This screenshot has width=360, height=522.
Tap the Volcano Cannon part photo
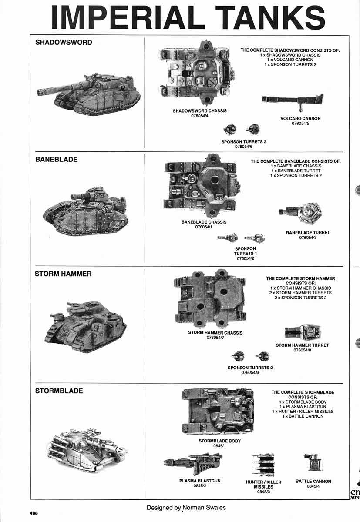coord(293,100)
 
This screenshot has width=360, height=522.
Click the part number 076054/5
coord(300,124)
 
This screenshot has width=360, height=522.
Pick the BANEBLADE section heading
coord(56,160)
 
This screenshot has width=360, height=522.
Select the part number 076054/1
coord(204,227)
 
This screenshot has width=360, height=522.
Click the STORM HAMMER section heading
coord(63,274)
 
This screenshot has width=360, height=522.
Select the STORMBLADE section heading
coord(59,391)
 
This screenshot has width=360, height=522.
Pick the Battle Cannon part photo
coord(313,464)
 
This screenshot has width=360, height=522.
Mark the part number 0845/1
coord(219,446)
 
